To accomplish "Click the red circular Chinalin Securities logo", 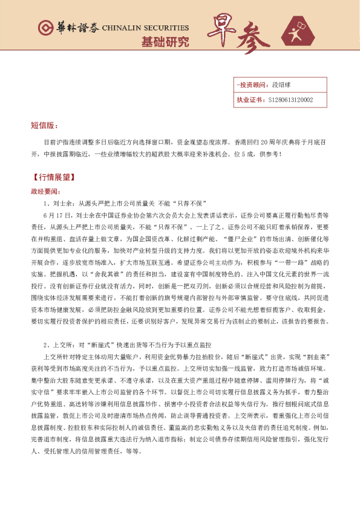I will [45, 29].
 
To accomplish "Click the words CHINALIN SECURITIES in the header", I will [145, 28].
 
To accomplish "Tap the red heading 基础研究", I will [165, 42].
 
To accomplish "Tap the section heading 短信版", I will [44, 126].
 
